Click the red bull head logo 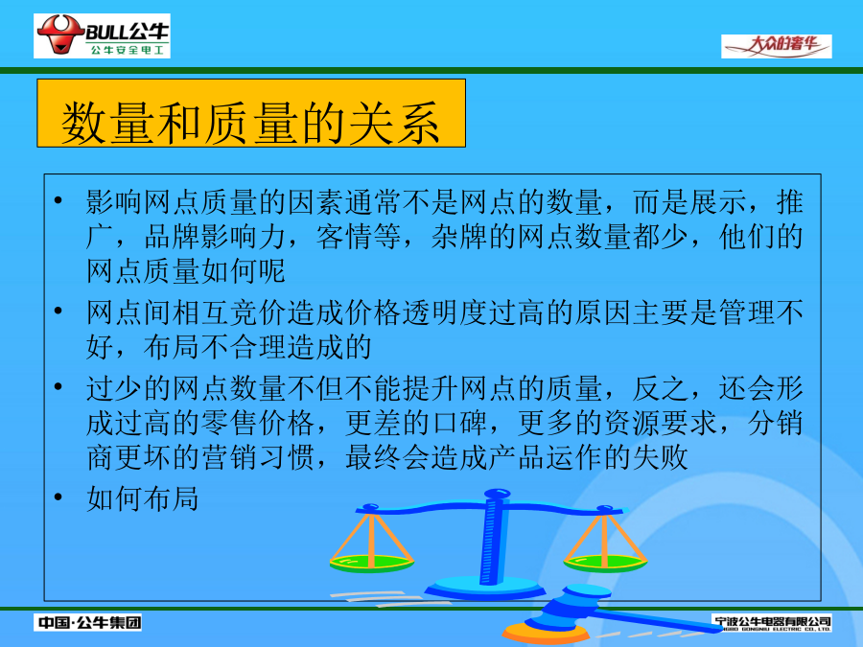(60, 35)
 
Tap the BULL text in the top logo (107, 32)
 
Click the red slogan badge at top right (776, 46)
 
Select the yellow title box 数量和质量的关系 (251, 113)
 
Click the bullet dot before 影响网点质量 (58, 200)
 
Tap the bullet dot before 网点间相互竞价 (58, 312)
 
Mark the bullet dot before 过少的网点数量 (58, 387)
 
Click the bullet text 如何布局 (142, 499)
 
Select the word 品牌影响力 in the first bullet (214, 237)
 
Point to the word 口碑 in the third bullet (459, 423)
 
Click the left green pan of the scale (371, 564)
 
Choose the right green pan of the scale (605, 563)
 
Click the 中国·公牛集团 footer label (87, 622)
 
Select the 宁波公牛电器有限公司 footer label (772, 623)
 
